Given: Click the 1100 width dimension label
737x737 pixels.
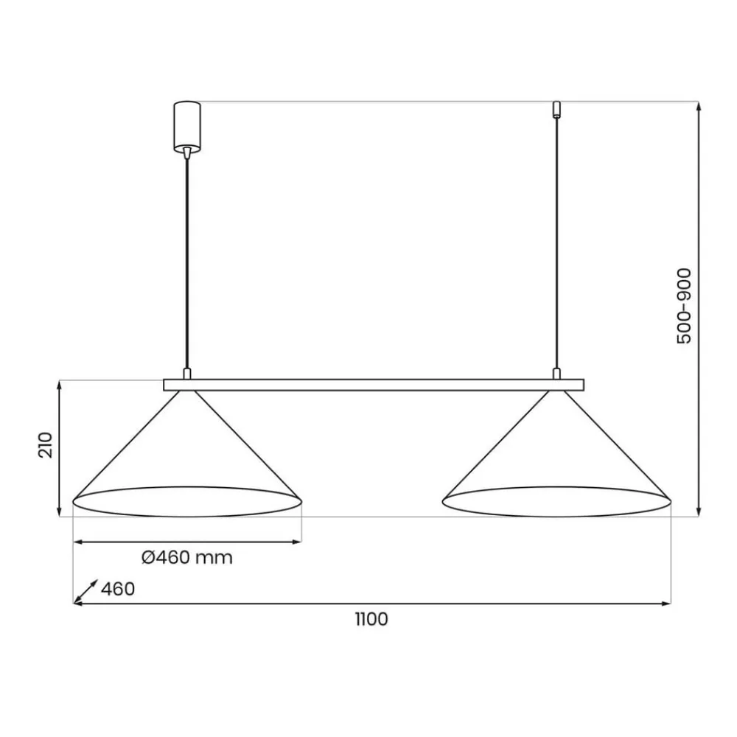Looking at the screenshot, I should tap(370, 620).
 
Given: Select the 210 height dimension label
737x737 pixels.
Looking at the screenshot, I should tap(45, 445).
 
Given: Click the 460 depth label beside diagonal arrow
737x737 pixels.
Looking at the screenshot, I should tap(118, 590).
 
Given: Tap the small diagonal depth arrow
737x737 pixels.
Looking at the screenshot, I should tap(85, 592).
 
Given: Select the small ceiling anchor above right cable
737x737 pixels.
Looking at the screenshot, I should tap(557, 109).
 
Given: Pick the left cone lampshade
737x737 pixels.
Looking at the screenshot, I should tap(187, 464).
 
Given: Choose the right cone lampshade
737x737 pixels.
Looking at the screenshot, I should tap(557, 464).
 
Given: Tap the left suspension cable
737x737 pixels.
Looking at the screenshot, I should tap(187, 258).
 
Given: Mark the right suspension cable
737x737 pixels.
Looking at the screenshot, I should tap(557, 243).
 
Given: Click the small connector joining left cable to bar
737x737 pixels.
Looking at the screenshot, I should tap(187, 374).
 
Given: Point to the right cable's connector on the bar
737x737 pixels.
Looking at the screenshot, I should tap(557, 374).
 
